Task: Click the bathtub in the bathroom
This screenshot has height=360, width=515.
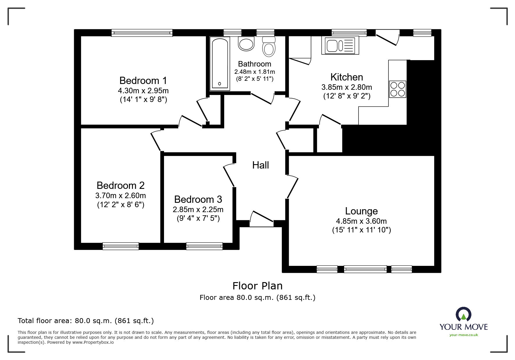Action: pyautogui.click(x=220, y=63)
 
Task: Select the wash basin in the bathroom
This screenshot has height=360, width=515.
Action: pyautogui.click(x=246, y=44)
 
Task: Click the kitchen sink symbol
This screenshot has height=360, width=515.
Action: pyautogui.click(x=340, y=45)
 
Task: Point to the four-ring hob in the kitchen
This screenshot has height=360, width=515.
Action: pyautogui.click(x=398, y=89)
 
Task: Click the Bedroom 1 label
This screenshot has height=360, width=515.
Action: pyautogui.click(x=143, y=80)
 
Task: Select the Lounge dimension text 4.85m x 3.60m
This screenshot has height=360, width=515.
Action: pyautogui.click(x=361, y=221)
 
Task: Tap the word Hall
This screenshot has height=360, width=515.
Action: pyautogui.click(x=260, y=165)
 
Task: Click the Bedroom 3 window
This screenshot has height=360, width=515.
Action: pyautogui.click(x=204, y=246)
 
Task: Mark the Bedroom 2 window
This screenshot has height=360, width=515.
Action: pyautogui.click(x=121, y=246)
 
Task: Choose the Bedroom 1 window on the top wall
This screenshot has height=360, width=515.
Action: pyautogui.click(x=142, y=33)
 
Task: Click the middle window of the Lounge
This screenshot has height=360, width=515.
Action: pyautogui.click(x=365, y=269)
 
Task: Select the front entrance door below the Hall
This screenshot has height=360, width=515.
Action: pyautogui.click(x=262, y=219)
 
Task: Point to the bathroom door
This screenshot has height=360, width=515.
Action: pyautogui.click(x=263, y=98)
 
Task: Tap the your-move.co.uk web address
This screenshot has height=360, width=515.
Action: pyautogui.click(x=464, y=335)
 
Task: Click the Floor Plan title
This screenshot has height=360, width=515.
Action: pyautogui.click(x=257, y=286)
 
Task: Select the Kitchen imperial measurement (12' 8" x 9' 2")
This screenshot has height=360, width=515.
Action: pyautogui.click(x=347, y=96)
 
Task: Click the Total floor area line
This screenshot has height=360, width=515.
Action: pyautogui.click(x=86, y=321)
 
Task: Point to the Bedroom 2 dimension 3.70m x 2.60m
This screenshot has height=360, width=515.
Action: pyautogui.click(x=121, y=196)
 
